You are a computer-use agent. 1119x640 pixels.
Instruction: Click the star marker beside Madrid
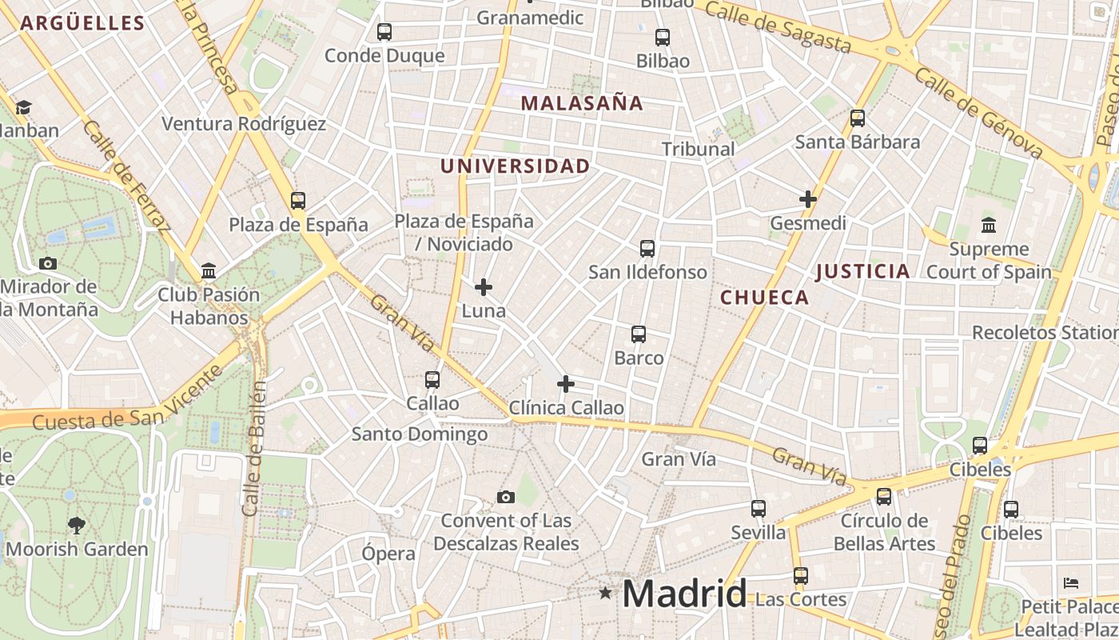pos(606,593)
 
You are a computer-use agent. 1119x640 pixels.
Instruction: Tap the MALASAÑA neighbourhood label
pos(582,103)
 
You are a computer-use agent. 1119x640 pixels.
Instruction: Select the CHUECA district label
pos(765,298)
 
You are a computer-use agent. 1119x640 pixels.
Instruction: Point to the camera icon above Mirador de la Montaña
pos(48,263)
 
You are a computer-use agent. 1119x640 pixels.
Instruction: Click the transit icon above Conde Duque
pos(384,32)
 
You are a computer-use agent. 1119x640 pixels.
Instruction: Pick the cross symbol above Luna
pos(484,287)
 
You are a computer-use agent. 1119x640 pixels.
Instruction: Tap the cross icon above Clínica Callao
pos(566,385)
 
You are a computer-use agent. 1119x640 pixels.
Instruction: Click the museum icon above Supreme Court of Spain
pos(989,225)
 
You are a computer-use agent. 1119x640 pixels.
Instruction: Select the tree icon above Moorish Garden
pos(77,526)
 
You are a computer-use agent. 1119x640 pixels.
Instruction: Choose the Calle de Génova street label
pos(979,113)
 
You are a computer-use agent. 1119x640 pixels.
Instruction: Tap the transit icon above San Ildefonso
pos(647,249)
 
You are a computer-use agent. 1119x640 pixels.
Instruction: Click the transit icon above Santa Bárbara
pos(858,118)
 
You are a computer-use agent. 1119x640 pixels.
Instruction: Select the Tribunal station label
pos(699,149)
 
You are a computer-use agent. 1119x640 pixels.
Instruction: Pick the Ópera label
pos(388,554)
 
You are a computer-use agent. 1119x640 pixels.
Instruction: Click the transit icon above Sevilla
pos(759,509)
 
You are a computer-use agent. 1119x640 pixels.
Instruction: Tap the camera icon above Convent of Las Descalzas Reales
pos(505,498)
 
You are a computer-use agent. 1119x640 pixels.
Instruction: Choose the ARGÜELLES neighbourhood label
pos(82,23)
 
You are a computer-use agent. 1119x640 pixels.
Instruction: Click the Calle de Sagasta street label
pos(778,26)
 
